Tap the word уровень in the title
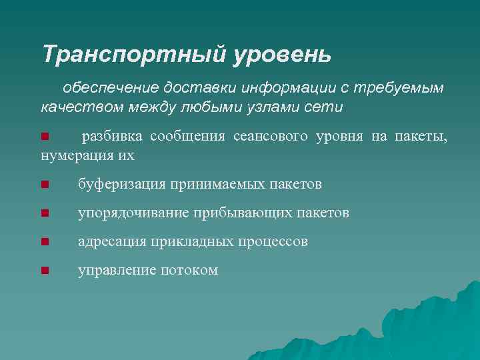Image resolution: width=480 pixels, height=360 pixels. tap(281, 54)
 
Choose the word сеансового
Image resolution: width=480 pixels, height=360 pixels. tap(271, 137)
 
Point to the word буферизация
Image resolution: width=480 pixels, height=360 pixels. tap(121, 184)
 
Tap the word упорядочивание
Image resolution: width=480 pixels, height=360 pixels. tap(133, 213)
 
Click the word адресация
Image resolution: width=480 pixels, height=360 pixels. tap(109, 241)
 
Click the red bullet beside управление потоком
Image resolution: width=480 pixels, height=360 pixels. tap(45, 271)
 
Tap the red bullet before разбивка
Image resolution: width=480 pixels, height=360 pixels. tap(45, 138)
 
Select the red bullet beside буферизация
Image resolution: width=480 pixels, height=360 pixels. tap(45, 185)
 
